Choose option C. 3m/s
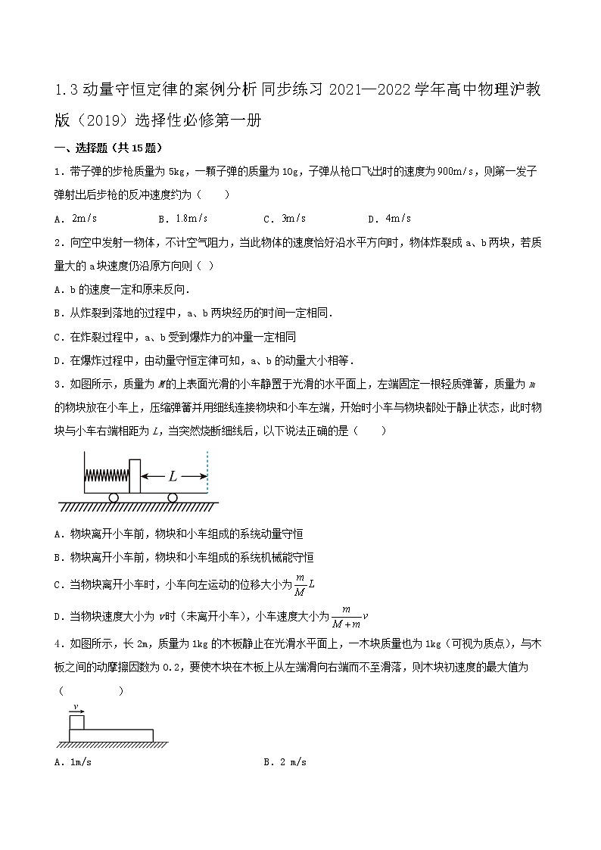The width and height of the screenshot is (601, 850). (285, 219)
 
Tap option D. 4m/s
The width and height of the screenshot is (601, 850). (389, 219)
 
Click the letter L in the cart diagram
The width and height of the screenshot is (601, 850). (173, 476)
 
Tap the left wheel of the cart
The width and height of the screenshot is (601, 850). (114, 497)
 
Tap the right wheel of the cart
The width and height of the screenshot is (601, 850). (173, 497)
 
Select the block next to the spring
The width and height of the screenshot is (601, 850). (135, 475)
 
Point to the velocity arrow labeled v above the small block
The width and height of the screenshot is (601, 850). (76, 709)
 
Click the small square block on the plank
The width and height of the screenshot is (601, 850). (76, 722)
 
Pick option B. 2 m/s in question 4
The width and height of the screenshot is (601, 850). (285, 762)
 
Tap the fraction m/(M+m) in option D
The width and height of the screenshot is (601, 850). (346, 616)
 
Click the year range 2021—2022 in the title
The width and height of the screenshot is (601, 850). (369, 92)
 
